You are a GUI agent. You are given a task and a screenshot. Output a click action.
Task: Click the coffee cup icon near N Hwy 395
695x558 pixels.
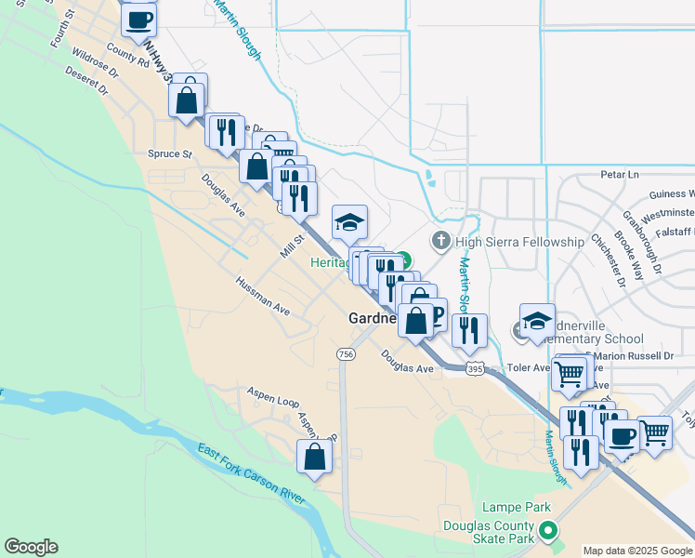138,19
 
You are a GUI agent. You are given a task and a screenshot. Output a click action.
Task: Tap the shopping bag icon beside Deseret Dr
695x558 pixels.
187,99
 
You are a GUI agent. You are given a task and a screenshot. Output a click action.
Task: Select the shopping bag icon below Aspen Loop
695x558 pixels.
315,457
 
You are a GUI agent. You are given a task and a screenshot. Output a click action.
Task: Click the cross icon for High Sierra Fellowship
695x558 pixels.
441,241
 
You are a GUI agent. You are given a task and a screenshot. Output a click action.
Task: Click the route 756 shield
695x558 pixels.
346,354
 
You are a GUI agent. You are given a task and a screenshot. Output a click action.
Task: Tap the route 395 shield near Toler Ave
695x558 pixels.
475,368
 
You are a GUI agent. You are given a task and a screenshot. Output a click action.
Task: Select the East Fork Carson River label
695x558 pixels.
251,473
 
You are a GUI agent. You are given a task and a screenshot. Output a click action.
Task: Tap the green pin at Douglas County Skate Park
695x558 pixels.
548,532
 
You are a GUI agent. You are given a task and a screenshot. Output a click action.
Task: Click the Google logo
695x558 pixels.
31,547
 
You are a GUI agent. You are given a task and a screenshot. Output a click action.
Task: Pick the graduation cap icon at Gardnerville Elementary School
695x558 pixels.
537,319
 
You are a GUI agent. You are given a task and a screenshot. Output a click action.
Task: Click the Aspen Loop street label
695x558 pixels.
272,398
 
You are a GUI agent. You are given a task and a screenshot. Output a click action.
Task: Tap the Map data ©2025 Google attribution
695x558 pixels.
637,551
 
